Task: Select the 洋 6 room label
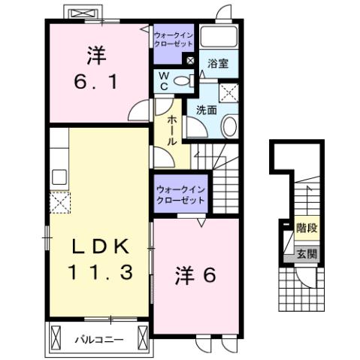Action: [196, 275]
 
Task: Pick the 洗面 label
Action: [207, 110]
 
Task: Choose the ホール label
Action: [172, 130]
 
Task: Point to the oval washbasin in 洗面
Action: [229, 126]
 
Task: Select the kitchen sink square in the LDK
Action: [59, 177]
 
